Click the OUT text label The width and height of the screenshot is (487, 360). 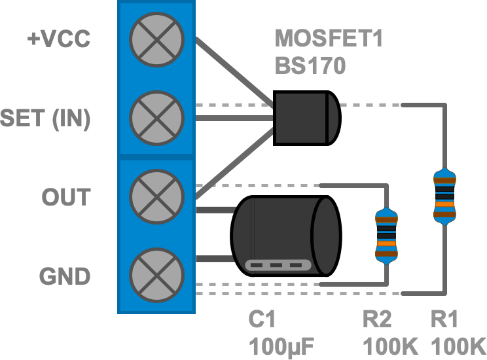point(66,197)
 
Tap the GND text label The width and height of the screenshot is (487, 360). point(65,276)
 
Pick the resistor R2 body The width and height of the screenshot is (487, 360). point(386,236)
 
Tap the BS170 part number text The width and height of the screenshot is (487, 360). point(310,66)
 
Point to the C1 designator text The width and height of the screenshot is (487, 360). point(262,319)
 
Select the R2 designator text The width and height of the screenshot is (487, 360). point(378,319)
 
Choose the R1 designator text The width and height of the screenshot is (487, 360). point(444,319)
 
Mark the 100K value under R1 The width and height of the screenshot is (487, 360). point(458,344)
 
